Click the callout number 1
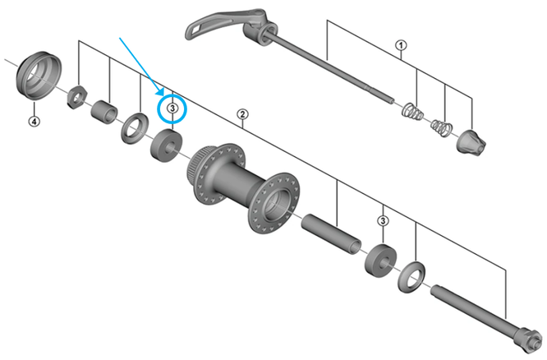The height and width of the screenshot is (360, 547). click(x=401, y=45)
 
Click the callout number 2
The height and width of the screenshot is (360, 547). click(x=242, y=114)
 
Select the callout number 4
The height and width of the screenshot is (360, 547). click(x=34, y=122)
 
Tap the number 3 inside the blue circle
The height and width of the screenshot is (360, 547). click(x=172, y=108)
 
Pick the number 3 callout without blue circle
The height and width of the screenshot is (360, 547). click(x=383, y=220)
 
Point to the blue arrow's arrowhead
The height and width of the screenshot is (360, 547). click(x=160, y=91)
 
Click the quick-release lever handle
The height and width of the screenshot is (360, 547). click(x=209, y=24)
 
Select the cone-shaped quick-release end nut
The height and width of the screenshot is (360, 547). click(x=471, y=142)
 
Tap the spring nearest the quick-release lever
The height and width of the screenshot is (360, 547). click(x=413, y=111)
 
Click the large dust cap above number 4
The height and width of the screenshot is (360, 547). click(x=39, y=76)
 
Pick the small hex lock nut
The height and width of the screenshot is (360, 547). click(x=77, y=97)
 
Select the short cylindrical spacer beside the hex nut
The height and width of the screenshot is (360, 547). click(x=104, y=112)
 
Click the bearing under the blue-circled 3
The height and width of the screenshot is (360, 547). click(x=166, y=145)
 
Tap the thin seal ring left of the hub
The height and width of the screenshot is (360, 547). click(x=135, y=128)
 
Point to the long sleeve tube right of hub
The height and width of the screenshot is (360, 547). click(x=331, y=234)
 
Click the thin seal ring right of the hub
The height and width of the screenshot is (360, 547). click(x=411, y=277)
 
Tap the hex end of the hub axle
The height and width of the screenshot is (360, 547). click(x=530, y=339)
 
